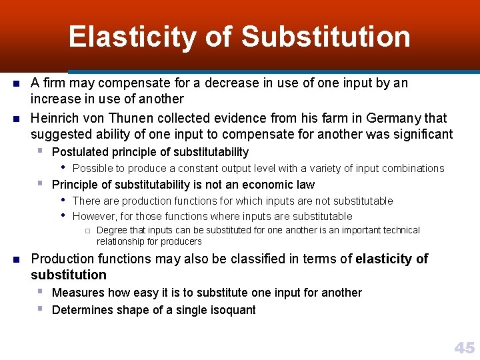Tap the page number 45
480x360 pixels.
(464, 347)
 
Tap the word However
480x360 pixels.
(95, 216)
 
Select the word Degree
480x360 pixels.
(112, 230)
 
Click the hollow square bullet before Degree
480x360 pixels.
(87, 231)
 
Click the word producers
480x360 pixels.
(181, 241)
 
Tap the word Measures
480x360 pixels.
(78, 293)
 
